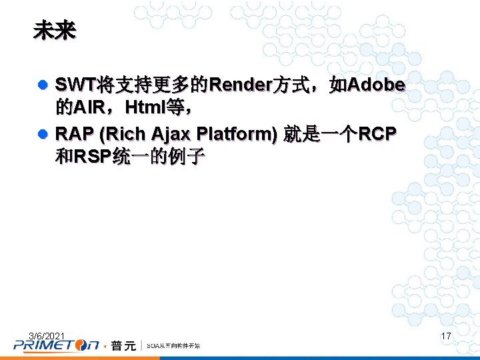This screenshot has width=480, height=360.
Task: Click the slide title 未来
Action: pyautogui.click(x=55, y=31)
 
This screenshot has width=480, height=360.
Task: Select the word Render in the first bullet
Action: pyautogui.click(x=239, y=85)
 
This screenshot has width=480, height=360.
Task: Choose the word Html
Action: pyautogui.click(x=147, y=107)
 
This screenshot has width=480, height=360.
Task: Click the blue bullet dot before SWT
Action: pyautogui.click(x=43, y=86)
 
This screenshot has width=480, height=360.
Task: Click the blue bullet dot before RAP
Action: pyautogui.click(x=43, y=135)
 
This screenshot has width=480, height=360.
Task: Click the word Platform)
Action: pyautogui.click(x=241, y=135)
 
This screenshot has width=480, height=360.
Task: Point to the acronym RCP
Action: pyautogui.click(x=377, y=135)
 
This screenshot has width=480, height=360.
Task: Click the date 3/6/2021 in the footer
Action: pyautogui.click(x=47, y=335)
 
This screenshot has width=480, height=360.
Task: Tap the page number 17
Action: pyautogui.click(x=446, y=336)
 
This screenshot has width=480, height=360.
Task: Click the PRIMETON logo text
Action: pyautogui.click(x=57, y=345)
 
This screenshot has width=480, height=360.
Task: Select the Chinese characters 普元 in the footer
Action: pyautogui.click(x=123, y=345)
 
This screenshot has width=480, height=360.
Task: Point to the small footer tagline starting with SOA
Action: pyautogui.click(x=173, y=345)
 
